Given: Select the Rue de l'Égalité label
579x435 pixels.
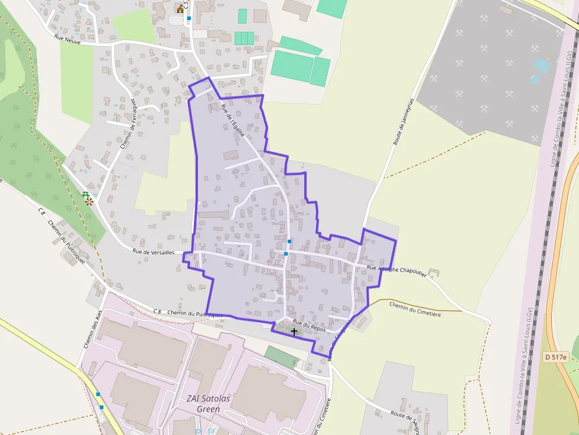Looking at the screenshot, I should (x=232, y=120).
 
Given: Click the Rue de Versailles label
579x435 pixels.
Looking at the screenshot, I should (x=153, y=252).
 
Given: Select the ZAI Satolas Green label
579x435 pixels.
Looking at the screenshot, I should (x=203, y=403).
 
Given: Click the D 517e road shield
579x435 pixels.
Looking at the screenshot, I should (x=555, y=357).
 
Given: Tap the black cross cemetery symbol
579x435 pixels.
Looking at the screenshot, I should (x=294, y=332).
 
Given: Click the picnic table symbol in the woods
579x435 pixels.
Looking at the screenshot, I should (x=87, y=198).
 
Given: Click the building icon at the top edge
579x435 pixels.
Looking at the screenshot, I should (x=180, y=8).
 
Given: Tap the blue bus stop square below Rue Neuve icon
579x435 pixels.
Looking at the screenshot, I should (x=189, y=19).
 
